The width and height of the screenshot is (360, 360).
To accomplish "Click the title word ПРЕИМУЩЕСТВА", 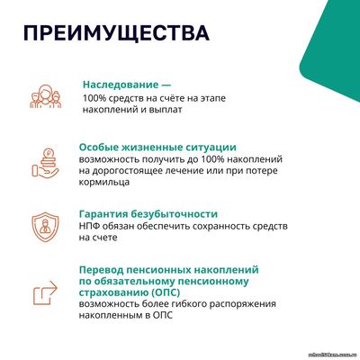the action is (x=116, y=32).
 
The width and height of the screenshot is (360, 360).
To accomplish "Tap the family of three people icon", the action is (x=46, y=96).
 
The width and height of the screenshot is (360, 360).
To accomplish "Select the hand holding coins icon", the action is (x=45, y=163).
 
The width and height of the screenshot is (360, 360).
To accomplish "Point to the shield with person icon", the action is (x=46, y=227).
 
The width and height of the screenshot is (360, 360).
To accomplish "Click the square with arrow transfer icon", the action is (x=45, y=292).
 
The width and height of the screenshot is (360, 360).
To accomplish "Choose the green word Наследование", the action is (x=121, y=85).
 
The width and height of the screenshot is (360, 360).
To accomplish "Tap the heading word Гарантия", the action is (x=103, y=214).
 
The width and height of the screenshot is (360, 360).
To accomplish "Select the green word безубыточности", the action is (x=175, y=214).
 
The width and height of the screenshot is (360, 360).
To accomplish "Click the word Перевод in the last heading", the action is (x=101, y=270).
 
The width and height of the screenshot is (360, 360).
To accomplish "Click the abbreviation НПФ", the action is (x=88, y=226).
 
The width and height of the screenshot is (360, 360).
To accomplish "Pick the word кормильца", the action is (x=104, y=183).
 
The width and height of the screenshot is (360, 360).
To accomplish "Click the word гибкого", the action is (x=189, y=304).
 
